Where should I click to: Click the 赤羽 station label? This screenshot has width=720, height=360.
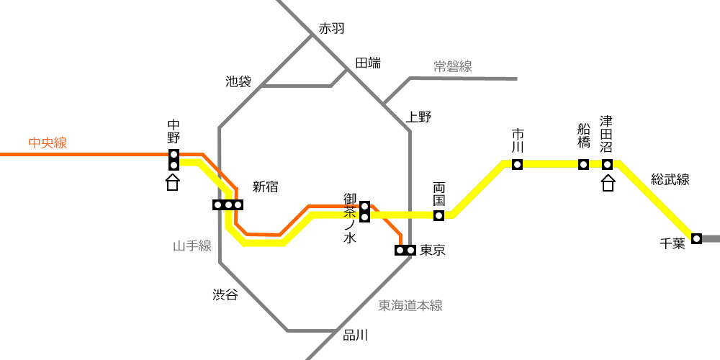(331, 29)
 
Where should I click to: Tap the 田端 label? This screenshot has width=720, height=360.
(368, 63)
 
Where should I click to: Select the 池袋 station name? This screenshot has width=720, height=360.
(238, 82)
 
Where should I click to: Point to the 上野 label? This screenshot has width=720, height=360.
(419, 117)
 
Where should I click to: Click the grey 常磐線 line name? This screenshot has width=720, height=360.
(453, 66)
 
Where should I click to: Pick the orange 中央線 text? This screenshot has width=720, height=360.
(48, 143)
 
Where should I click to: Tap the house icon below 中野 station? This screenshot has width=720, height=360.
(173, 183)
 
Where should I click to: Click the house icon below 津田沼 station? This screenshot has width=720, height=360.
(608, 183)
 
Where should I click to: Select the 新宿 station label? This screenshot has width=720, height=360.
(266, 187)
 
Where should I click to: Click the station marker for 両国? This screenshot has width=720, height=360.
(438, 215)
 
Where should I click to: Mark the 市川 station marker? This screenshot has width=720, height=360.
(518, 164)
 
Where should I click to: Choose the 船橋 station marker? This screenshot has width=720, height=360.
(584, 164)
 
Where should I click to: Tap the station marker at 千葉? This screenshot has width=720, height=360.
(696, 238)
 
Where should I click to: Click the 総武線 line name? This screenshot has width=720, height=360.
(670, 179)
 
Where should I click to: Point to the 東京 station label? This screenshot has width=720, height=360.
(433, 251)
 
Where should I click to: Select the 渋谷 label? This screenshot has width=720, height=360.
(225, 294)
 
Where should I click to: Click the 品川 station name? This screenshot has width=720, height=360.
(356, 336)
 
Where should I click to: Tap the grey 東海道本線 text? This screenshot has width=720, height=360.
(410, 305)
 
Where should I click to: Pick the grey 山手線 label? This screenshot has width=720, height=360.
(192, 246)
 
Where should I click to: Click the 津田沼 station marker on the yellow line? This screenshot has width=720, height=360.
(608, 164)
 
